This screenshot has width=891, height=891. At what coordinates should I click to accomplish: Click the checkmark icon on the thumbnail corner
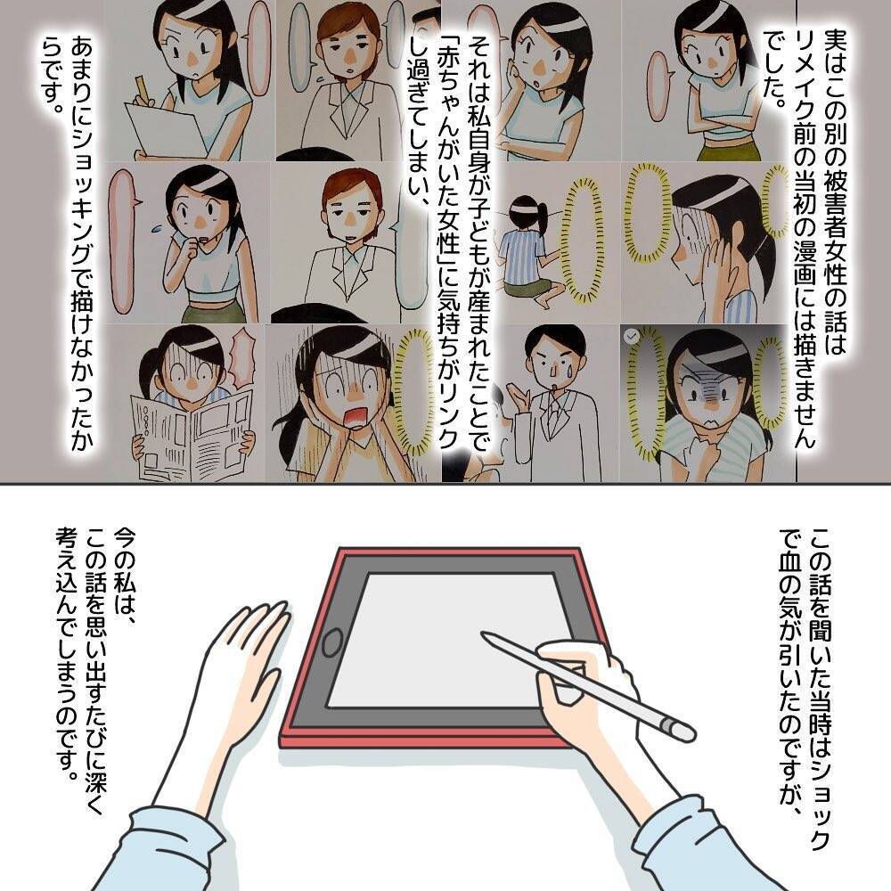tap(631, 336)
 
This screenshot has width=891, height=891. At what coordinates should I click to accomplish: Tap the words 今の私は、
tap(124, 570)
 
